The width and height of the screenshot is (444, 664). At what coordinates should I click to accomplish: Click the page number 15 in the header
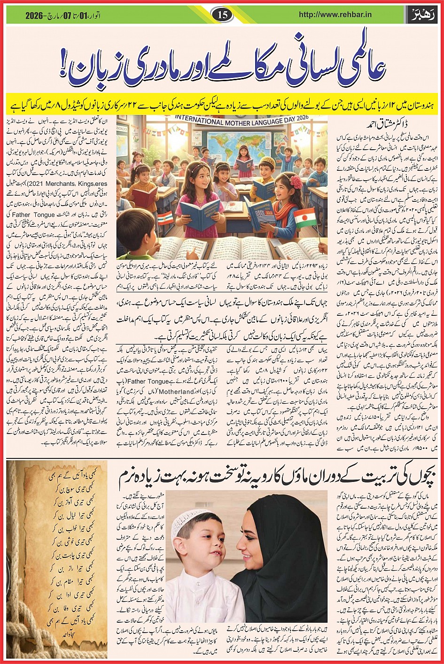222,15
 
